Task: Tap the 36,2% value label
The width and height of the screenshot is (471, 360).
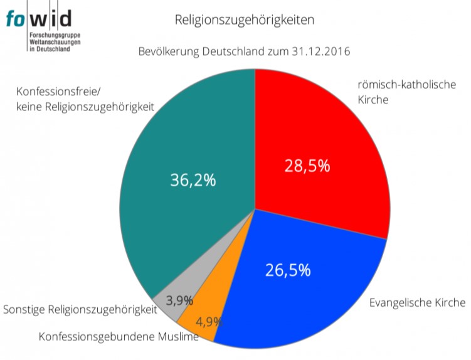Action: click(193, 180)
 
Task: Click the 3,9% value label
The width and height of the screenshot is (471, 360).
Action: click(179, 300)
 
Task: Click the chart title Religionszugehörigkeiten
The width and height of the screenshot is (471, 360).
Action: click(244, 20)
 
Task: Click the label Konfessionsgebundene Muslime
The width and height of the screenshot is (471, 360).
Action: click(119, 337)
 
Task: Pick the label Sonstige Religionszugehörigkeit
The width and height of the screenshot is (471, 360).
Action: click(80, 309)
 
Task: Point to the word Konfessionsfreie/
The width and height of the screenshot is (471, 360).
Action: click(57, 91)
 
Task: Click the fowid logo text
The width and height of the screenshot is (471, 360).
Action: click(38, 19)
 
